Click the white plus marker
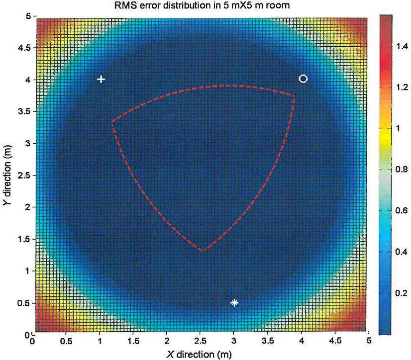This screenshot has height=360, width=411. [x=101, y=79]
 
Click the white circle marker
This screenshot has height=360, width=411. [x=303, y=79]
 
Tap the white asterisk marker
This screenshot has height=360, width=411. [x=234, y=303]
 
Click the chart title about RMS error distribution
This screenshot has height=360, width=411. [x=202, y=5]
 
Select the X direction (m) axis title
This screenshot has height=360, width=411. [x=199, y=355]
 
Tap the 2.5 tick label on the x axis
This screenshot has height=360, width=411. [x=200, y=341]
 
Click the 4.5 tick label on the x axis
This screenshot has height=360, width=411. [x=335, y=341]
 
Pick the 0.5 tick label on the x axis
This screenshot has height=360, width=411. [x=66, y=341]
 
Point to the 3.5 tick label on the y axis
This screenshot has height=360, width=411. [x=24, y=111]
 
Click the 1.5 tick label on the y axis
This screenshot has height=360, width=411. [x=24, y=239]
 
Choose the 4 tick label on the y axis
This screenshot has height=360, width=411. [x=28, y=80]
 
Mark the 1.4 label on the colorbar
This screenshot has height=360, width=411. [x=402, y=46]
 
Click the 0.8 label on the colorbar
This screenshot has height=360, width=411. [x=402, y=169]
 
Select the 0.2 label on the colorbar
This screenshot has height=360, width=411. [x=402, y=293]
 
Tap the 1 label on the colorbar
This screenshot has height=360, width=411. [x=398, y=128]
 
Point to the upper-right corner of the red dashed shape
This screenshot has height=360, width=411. [x=295, y=96]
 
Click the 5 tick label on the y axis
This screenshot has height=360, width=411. [x=28, y=16]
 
